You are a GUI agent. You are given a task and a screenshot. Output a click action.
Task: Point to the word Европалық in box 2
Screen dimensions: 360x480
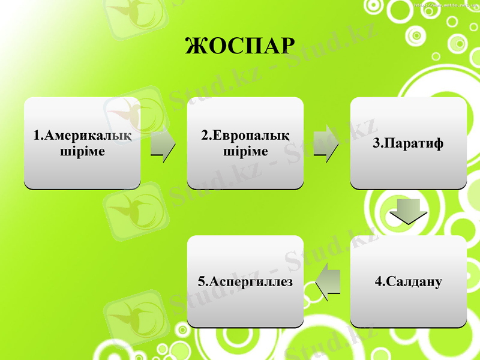[251, 136]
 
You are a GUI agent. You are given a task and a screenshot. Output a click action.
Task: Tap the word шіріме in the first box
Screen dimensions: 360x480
[82, 151]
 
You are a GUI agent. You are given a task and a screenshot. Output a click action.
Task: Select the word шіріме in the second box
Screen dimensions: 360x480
[245, 151]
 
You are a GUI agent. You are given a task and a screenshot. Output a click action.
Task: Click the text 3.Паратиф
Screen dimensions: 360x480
[408, 144]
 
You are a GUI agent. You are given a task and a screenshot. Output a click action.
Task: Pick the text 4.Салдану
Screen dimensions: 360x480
[408, 281]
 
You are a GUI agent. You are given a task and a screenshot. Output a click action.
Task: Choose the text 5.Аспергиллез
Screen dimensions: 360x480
[245, 281]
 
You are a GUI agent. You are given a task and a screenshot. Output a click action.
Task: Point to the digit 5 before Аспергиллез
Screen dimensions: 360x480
[201, 281]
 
